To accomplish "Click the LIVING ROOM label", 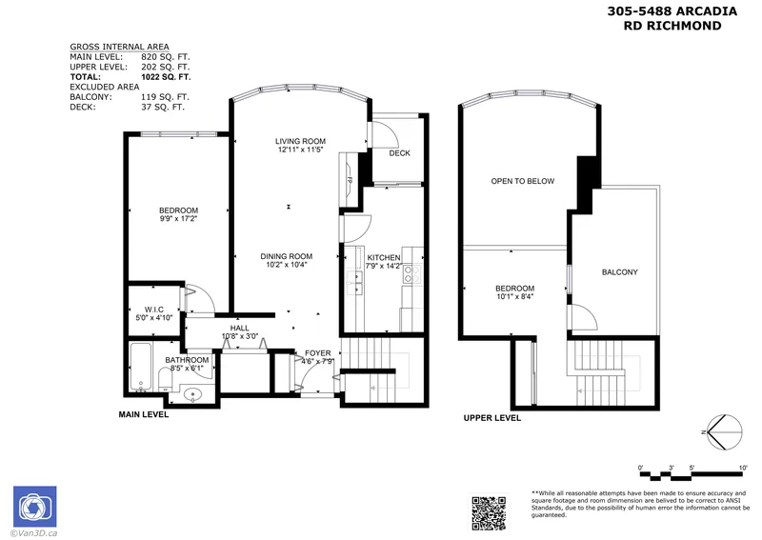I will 301,141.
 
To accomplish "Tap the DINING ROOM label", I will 288,256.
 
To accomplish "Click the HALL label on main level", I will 239,328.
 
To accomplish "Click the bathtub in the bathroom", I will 140,369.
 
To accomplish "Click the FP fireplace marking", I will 350,180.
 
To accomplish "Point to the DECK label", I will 399,153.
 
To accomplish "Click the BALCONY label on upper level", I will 619,273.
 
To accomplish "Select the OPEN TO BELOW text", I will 522,181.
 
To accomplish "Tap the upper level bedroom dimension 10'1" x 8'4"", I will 514,298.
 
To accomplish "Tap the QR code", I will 490,510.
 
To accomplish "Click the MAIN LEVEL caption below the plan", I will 144,415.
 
